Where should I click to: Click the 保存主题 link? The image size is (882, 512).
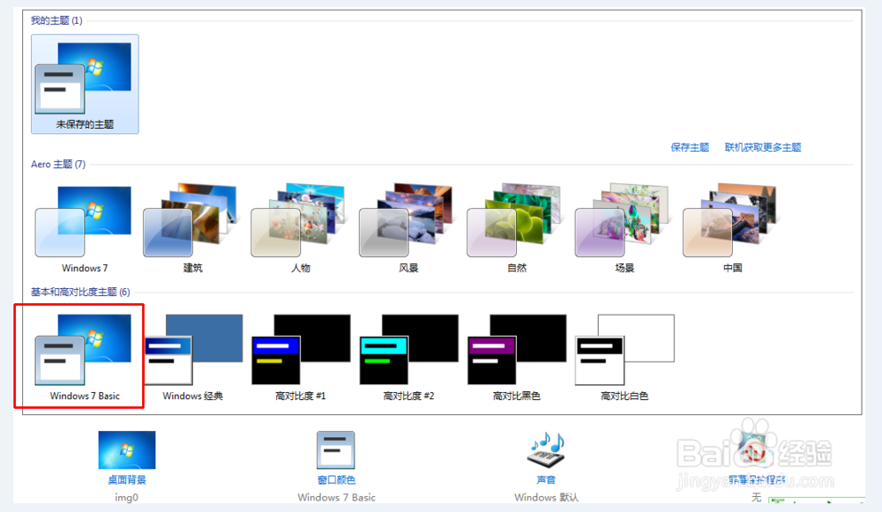click(x=690, y=147)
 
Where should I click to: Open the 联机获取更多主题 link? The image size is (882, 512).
click(x=762, y=147)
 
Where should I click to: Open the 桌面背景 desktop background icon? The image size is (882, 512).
click(x=127, y=450)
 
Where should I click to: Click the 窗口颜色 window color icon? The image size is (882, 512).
click(x=336, y=450)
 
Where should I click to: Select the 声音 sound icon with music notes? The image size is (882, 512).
click(x=546, y=450)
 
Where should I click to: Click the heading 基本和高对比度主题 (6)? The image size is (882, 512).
click(x=80, y=292)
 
